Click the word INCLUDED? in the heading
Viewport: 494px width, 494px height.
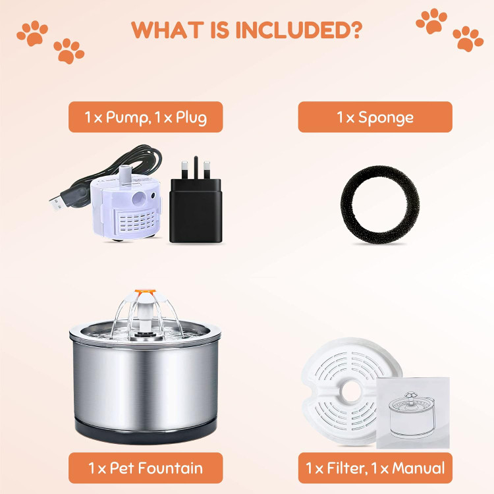[298, 30]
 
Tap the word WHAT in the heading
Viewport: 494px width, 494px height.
[167, 30]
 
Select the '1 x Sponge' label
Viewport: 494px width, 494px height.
[375, 117]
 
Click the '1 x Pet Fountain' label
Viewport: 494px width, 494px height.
[146, 468]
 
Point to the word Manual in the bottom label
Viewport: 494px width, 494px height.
[418, 468]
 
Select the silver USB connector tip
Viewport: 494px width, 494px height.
[55, 204]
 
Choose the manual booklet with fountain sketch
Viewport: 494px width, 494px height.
[413, 413]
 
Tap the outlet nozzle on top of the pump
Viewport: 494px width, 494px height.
[124, 173]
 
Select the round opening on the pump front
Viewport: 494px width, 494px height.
[139, 198]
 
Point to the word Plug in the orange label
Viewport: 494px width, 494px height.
[191, 118]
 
